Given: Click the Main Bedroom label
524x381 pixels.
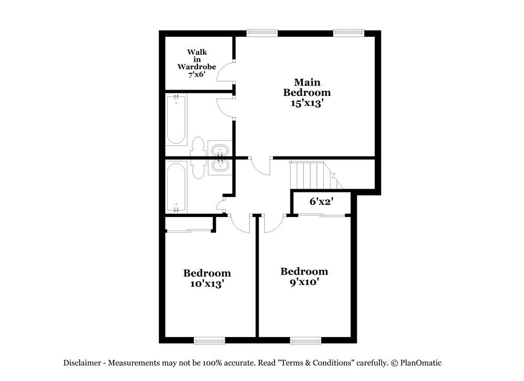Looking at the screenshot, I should (307, 88).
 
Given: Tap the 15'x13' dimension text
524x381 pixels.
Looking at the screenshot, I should (307, 103).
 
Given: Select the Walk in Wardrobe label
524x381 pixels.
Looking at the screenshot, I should (196, 59).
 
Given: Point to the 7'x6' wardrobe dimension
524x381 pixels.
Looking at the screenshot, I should (196, 75).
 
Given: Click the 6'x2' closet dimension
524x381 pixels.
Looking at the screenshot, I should (322, 202).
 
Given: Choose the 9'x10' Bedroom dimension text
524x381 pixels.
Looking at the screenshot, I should (304, 282).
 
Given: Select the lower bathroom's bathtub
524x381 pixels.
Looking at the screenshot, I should (176, 187).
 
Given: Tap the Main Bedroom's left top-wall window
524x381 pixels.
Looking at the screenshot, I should (263, 32).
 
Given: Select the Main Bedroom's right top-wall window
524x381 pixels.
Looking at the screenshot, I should (349, 32).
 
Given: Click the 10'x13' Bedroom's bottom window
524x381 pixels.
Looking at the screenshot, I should (209, 341).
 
